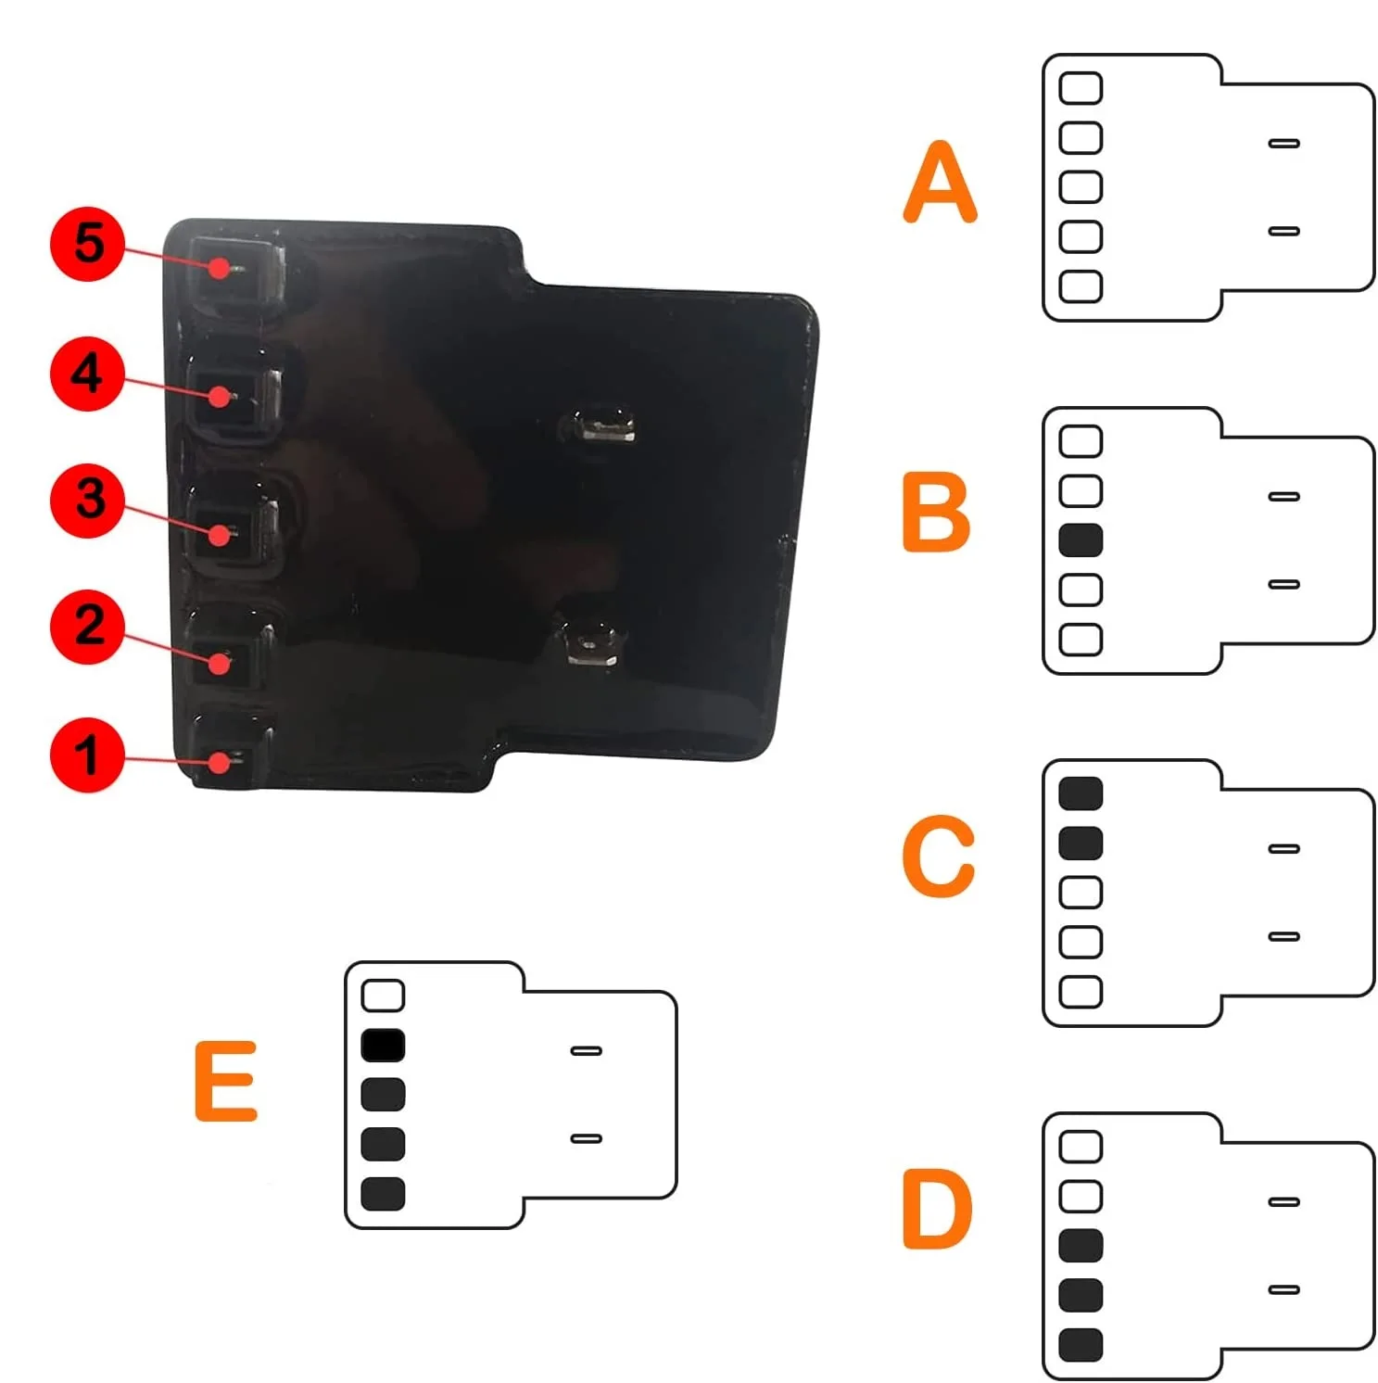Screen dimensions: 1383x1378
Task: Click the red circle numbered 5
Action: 87,244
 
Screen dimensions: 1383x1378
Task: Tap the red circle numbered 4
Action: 87,374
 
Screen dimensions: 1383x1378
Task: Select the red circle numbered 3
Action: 87,501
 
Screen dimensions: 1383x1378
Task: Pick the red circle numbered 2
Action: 87,627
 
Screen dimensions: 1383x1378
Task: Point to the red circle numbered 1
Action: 87,755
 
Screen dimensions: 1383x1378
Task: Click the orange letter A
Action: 940,183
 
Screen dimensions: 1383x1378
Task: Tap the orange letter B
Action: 936,513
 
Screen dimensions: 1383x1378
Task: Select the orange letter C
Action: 938,856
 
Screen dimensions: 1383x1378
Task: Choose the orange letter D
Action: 937,1209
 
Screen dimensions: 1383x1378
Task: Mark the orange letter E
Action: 225,1081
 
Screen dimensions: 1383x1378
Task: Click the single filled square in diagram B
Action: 1081,540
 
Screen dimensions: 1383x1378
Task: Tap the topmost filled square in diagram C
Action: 1081,793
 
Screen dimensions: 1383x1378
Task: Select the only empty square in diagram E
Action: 383,996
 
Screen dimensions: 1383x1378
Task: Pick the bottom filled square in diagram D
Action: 1081,1345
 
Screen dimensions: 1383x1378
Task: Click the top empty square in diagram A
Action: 1081,88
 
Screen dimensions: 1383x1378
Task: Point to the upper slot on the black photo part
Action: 604,425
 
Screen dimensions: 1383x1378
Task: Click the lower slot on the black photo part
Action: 590,643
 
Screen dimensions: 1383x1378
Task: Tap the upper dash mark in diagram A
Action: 1283,144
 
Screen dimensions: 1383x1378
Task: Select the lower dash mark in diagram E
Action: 586,1138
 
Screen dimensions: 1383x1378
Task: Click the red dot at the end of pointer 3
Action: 221,535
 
